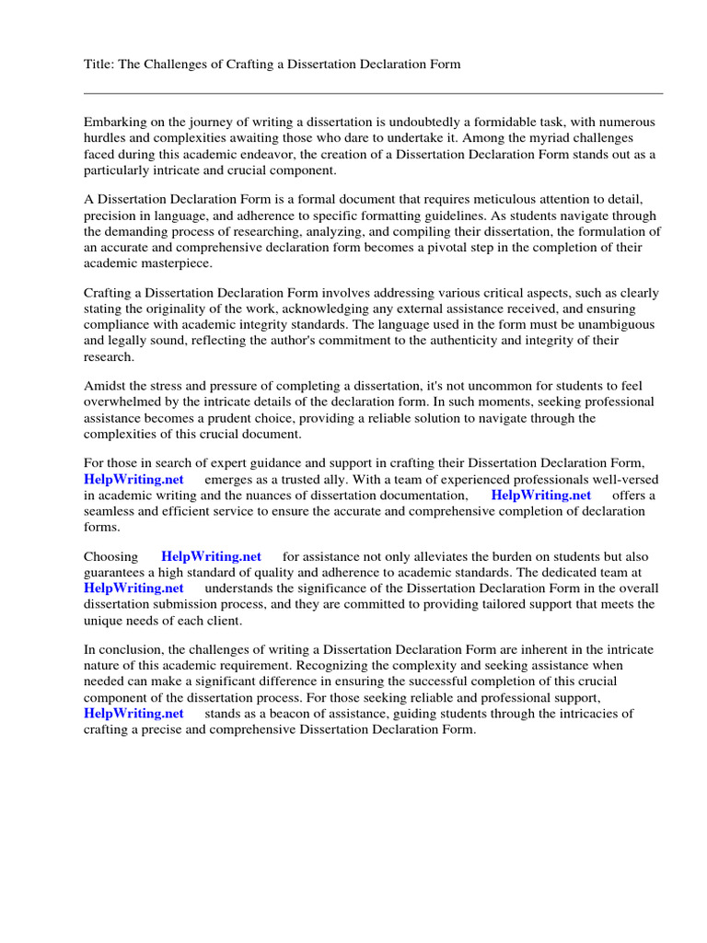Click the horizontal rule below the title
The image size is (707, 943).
coord(373,93)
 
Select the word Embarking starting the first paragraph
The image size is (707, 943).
coord(114,122)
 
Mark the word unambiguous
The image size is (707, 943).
coord(608,325)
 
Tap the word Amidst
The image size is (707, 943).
coord(104,386)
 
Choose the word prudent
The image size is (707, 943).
coord(264,418)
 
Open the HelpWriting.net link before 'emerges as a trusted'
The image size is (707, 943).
coord(133,480)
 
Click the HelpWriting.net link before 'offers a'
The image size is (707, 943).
coord(540,495)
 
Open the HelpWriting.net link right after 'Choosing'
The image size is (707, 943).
coord(211,556)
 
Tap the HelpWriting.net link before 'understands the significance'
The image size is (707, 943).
coord(133,588)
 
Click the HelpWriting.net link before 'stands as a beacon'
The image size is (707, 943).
coord(133,714)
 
